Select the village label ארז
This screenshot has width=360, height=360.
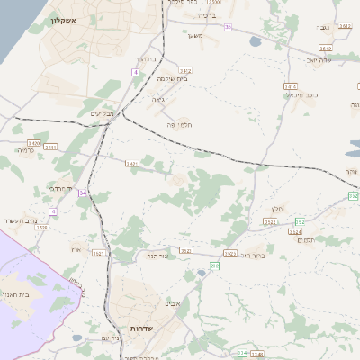(x=76, y=249)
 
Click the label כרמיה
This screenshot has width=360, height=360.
(x=24, y=151)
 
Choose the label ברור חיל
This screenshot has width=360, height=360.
(x=253, y=256)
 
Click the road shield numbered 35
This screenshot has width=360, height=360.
(x=228, y=28)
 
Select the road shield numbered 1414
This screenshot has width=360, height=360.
(x=290, y=86)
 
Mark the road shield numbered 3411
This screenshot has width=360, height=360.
(x=50, y=148)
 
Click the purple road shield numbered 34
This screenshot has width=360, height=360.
(x=83, y=193)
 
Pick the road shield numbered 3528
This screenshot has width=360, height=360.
(x=41, y=228)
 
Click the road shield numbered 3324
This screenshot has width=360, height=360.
(x=295, y=231)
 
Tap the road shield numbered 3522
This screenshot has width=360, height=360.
(x=270, y=220)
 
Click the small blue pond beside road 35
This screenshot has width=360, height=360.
(x=255, y=41)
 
